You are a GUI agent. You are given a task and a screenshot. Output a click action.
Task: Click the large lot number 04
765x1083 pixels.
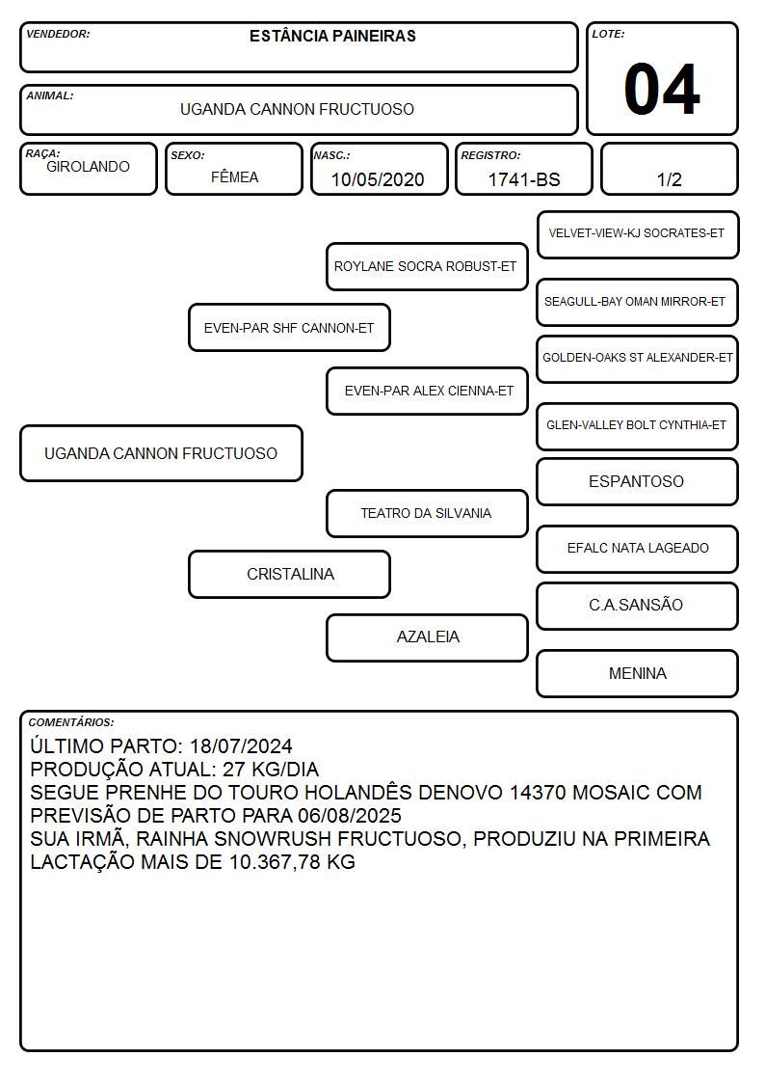point(662,89)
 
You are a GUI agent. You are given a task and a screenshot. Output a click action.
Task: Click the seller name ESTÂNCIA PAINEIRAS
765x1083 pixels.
point(332,36)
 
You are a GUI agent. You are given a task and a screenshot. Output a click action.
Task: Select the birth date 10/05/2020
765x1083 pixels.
point(378,179)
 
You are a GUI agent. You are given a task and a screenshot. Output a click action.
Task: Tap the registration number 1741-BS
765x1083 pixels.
point(523,179)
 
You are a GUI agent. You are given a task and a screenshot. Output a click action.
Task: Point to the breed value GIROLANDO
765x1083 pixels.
point(88,167)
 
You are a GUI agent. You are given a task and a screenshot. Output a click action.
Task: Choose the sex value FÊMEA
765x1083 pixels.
point(234,176)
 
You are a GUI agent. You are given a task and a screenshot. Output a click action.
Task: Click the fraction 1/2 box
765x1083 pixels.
point(669,169)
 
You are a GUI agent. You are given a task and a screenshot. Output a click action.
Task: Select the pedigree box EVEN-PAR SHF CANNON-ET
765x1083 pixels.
point(289,327)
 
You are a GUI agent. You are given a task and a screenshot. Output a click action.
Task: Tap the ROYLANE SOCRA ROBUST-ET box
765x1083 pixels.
point(427,266)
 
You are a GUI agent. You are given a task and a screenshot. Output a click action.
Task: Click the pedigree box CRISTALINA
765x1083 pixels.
point(289,574)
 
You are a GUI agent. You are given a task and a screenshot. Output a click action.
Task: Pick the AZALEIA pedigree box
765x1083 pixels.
point(427,637)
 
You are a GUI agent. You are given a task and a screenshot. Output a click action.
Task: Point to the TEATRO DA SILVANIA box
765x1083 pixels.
point(427,513)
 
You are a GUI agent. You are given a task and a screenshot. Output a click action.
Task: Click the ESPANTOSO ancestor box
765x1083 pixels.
point(638,481)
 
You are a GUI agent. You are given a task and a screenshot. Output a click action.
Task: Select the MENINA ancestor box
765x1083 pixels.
point(638,673)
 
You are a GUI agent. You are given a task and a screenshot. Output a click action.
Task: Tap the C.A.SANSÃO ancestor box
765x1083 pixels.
point(638,606)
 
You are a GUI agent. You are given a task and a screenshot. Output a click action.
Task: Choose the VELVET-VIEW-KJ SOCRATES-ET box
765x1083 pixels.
point(638,235)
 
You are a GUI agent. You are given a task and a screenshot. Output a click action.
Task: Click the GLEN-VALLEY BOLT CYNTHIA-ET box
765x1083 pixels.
point(638,426)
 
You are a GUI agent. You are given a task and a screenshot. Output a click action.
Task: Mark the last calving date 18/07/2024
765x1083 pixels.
point(241,745)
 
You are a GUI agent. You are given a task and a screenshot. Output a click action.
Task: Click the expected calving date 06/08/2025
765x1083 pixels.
point(350,816)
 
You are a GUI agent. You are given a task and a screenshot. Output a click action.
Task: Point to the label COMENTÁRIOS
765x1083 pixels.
point(71,722)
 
